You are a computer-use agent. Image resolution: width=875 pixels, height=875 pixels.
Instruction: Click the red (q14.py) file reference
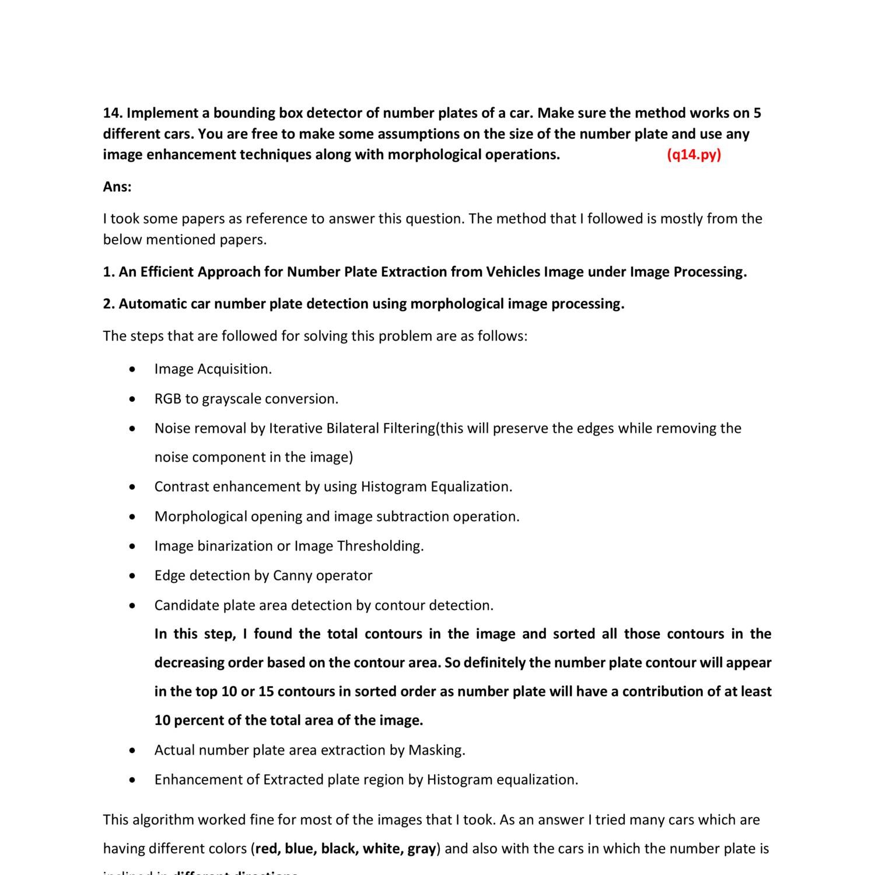point(694,155)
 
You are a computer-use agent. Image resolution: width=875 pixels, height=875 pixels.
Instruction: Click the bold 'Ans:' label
point(117,187)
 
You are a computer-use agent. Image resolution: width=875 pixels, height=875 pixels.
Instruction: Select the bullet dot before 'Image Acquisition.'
point(134,369)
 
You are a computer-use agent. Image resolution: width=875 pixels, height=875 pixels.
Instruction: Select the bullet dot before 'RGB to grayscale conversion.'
point(134,399)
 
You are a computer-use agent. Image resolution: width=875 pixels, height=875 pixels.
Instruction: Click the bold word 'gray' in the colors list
point(421,849)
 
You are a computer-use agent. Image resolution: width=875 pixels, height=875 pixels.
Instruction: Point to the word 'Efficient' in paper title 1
point(168,272)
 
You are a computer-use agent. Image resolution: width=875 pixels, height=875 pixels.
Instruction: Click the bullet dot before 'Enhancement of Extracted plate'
point(134,780)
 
